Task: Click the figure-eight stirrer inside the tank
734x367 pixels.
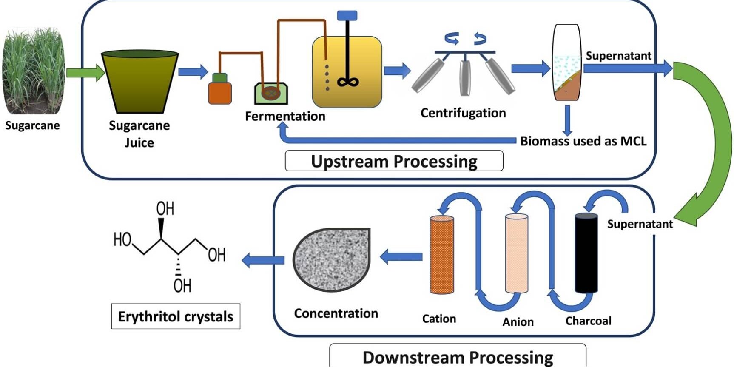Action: coord(348,82)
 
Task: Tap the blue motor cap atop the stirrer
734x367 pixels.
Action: coord(347,16)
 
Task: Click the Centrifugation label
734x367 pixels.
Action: coord(463,113)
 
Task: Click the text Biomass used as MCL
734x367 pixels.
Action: coord(583,141)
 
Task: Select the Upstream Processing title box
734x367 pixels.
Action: coord(394,161)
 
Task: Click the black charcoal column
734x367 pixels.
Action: coord(586,253)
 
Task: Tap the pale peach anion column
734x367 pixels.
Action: coord(516,253)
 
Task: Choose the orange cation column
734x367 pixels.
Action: coord(442,255)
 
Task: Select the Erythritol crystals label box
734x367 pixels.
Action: coord(176,316)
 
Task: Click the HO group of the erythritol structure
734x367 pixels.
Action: coord(122,240)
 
